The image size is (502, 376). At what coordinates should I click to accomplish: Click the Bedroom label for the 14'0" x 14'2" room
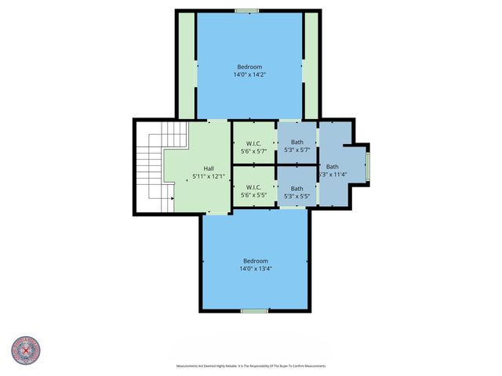coord(249,67)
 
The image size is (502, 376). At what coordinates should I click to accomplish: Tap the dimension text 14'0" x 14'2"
coord(249,75)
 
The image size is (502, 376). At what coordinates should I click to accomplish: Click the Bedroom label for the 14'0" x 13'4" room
coord(256,261)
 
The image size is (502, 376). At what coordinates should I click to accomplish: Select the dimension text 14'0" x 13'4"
coord(256,269)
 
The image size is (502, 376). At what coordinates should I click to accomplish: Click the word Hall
coord(209,168)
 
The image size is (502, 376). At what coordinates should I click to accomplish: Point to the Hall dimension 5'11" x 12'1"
coord(209,176)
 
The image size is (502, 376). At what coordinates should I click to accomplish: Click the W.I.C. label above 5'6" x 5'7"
coord(253,142)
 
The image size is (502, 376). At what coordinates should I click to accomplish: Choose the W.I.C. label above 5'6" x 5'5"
coord(253,187)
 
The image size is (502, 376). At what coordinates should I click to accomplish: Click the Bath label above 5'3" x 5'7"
coord(296,142)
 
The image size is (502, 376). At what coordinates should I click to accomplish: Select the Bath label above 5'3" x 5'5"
coord(296,188)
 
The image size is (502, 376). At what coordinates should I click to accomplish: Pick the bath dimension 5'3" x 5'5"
coord(296,196)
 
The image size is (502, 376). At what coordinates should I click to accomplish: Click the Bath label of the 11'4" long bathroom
coord(333,166)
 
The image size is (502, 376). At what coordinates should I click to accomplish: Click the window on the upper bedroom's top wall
coord(246,11)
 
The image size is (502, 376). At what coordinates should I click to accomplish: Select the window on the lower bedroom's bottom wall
coord(254,311)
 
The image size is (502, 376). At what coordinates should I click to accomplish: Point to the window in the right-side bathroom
coord(369,165)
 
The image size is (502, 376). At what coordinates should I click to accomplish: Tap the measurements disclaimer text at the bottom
coord(251,366)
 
